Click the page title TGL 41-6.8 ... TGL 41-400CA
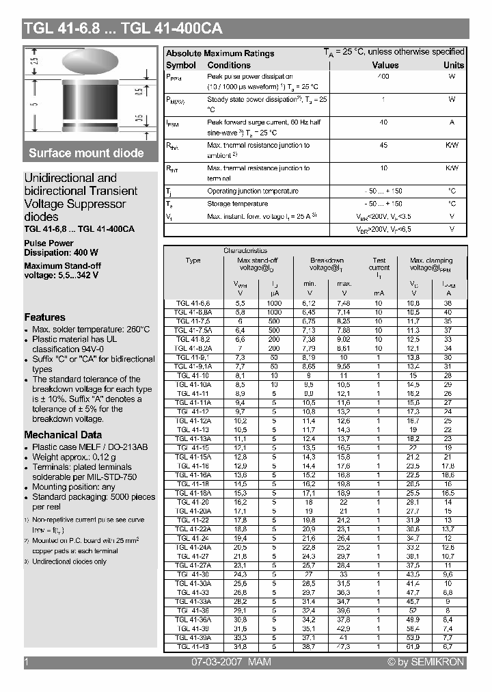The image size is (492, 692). (123, 29)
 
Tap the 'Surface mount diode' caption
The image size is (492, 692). (86, 152)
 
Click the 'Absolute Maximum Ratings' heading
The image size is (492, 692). (220, 53)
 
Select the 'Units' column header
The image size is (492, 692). (453, 65)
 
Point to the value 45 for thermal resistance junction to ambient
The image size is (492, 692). (383, 145)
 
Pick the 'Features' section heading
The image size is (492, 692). (44, 317)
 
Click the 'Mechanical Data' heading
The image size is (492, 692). (63, 435)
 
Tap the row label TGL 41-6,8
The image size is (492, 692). (193, 302)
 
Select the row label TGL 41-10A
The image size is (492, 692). (193, 385)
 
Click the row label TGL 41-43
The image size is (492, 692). (193, 646)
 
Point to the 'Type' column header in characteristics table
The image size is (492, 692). (193, 261)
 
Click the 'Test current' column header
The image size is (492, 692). (379, 264)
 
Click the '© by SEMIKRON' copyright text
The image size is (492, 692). (425, 662)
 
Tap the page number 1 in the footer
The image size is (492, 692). (26, 662)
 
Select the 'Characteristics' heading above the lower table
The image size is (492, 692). (245, 251)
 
